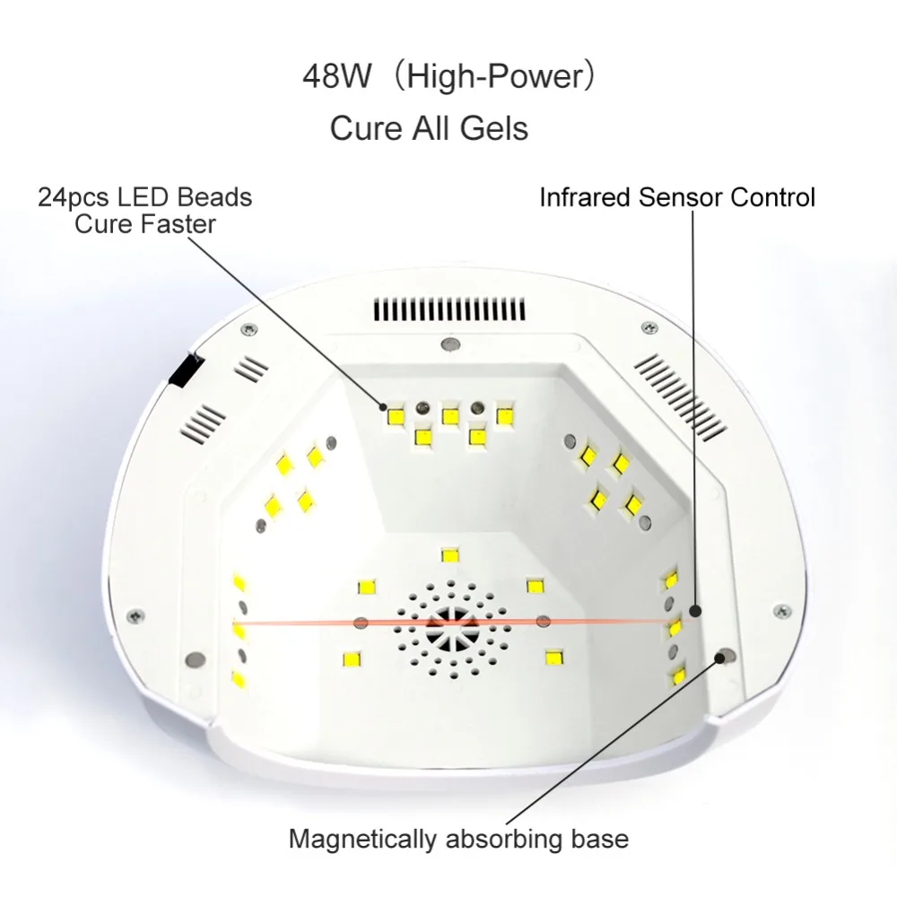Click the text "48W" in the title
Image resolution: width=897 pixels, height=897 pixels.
pos(337,76)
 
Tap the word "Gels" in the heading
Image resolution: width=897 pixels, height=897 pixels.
pos(494,127)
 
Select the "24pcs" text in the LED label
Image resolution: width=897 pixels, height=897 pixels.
pos(74,198)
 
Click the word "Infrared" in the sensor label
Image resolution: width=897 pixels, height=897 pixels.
pos(586,197)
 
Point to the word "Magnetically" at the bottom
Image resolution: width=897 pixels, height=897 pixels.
pos(363,840)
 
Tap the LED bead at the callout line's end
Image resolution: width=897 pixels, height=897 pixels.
pos(396,414)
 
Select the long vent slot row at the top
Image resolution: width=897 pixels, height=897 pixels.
pos(449,310)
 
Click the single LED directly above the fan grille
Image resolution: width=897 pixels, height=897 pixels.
pos(450,555)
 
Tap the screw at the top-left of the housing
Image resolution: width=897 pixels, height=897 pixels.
pos(248,329)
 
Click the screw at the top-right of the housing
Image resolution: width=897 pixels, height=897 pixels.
pos(649,327)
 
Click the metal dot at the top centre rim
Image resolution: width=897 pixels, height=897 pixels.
pos(450,345)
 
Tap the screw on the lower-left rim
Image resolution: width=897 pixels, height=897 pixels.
pos(135,615)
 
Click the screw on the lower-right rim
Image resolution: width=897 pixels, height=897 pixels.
pos(782,611)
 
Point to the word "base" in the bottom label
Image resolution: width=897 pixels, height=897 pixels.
pos(599,840)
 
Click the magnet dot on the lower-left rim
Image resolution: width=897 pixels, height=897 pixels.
pos(195,659)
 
